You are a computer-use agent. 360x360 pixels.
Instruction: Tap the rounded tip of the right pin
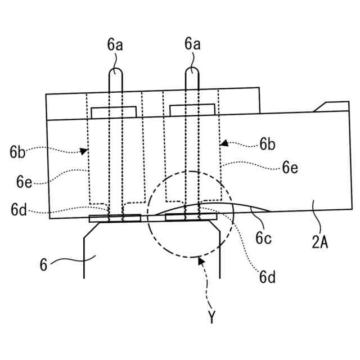tap(192, 72)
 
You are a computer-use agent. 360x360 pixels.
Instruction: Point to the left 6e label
tap(24, 183)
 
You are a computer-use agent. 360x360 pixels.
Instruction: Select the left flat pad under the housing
tap(115, 218)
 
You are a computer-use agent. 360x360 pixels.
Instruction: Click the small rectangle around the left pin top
tap(114, 112)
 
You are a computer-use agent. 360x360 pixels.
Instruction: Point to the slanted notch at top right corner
tap(323, 107)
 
